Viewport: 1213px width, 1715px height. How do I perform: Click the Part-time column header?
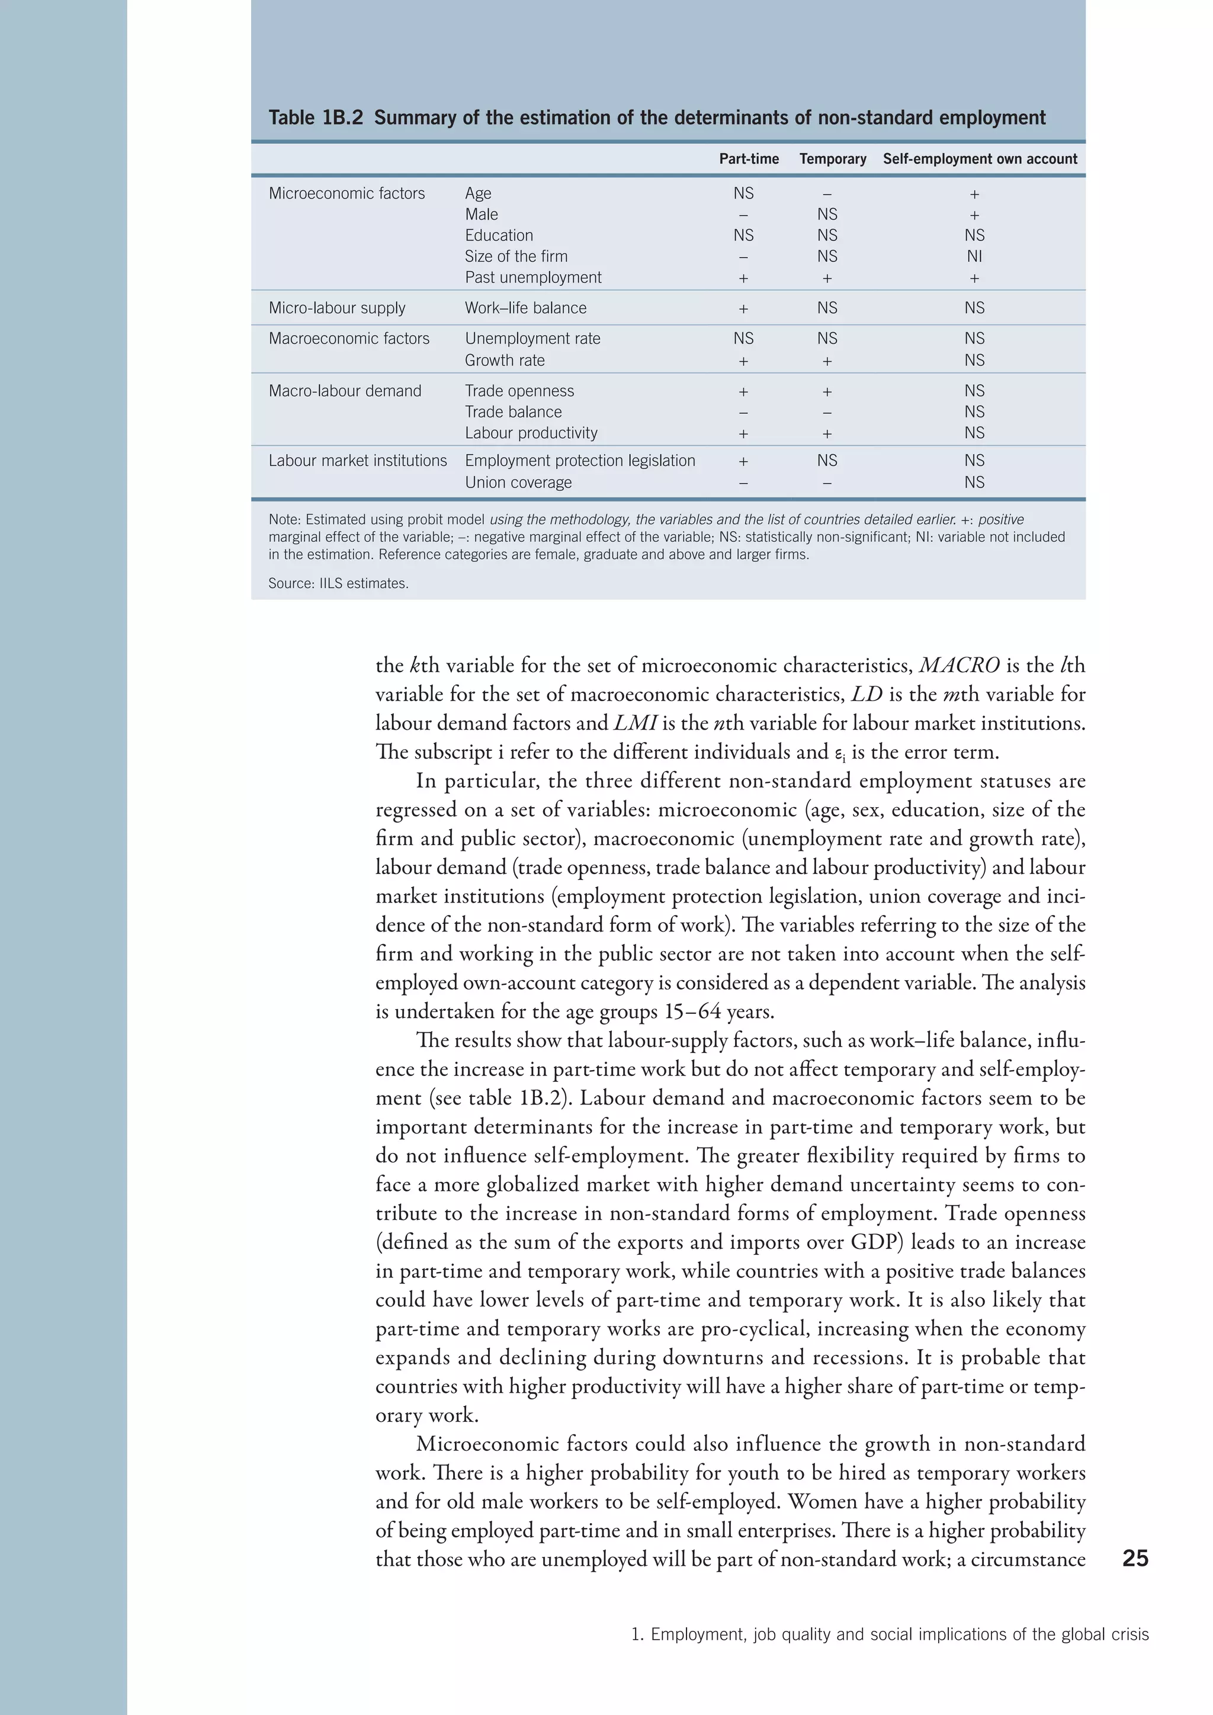click(x=749, y=159)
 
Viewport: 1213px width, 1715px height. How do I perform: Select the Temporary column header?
click(x=832, y=159)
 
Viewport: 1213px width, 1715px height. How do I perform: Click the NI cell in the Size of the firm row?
click(x=974, y=256)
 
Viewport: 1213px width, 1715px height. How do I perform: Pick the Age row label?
click(x=478, y=194)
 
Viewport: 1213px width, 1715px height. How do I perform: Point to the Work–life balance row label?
click(x=525, y=308)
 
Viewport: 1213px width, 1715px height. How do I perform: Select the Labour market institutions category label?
click(x=357, y=460)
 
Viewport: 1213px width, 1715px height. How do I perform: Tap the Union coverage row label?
click(x=518, y=483)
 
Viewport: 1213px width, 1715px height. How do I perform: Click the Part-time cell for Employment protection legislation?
click(x=743, y=461)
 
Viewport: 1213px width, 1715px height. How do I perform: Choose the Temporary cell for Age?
click(x=827, y=194)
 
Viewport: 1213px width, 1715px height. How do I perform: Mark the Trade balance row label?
click(x=512, y=412)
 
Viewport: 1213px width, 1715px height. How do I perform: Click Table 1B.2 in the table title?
click(x=315, y=118)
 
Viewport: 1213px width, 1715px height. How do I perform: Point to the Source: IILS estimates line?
click(x=338, y=583)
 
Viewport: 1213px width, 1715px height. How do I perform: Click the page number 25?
click(x=1135, y=1558)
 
